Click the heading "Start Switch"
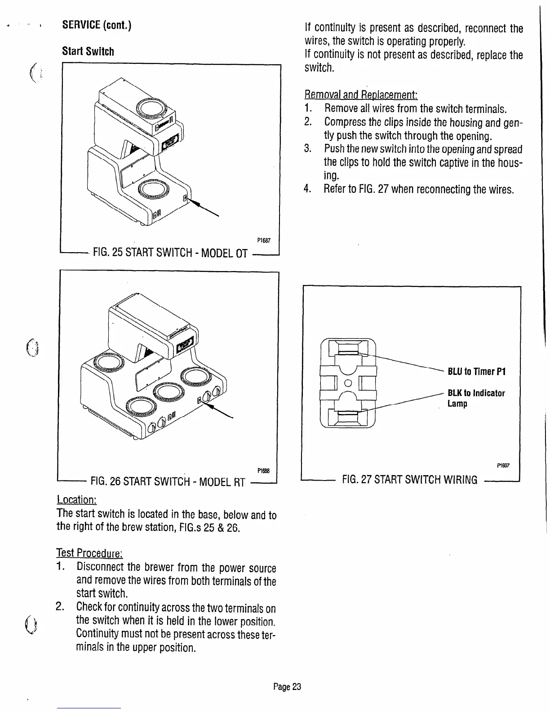coord(88,51)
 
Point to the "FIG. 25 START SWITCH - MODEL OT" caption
coord(170,254)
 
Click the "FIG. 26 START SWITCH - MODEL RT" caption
coord(168,483)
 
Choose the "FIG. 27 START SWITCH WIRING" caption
coord(410,480)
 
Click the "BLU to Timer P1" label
coord(477,372)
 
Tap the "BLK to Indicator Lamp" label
coord(476,398)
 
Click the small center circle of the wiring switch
coord(348,383)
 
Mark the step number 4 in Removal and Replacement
coord(308,189)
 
